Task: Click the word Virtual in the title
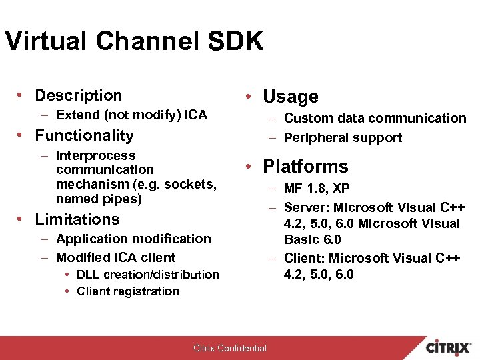pyautogui.click(x=45, y=41)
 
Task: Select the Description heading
pyautogui.click(x=79, y=96)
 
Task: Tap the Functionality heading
pyautogui.click(x=84, y=136)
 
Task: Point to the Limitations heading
pyautogui.click(x=77, y=219)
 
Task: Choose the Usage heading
pyautogui.click(x=291, y=97)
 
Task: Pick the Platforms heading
pyautogui.click(x=305, y=167)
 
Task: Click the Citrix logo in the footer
pyautogui.click(x=450, y=347)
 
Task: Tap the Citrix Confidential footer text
pyautogui.click(x=230, y=348)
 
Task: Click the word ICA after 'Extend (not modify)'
pyautogui.click(x=195, y=115)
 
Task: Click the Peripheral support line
pyautogui.click(x=343, y=138)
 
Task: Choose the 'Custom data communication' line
pyautogui.click(x=375, y=119)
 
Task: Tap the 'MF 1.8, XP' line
pyautogui.click(x=317, y=189)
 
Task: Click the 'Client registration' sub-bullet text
pyautogui.click(x=128, y=291)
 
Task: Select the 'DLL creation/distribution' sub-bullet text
pyautogui.click(x=148, y=275)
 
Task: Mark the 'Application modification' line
pyautogui.click(x=133, y=239)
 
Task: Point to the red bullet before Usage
pyautogui.click(x=248, y=97)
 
